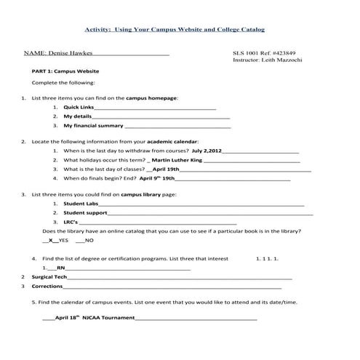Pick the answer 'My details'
(77, 116)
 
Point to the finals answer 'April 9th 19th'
(156, 177)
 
